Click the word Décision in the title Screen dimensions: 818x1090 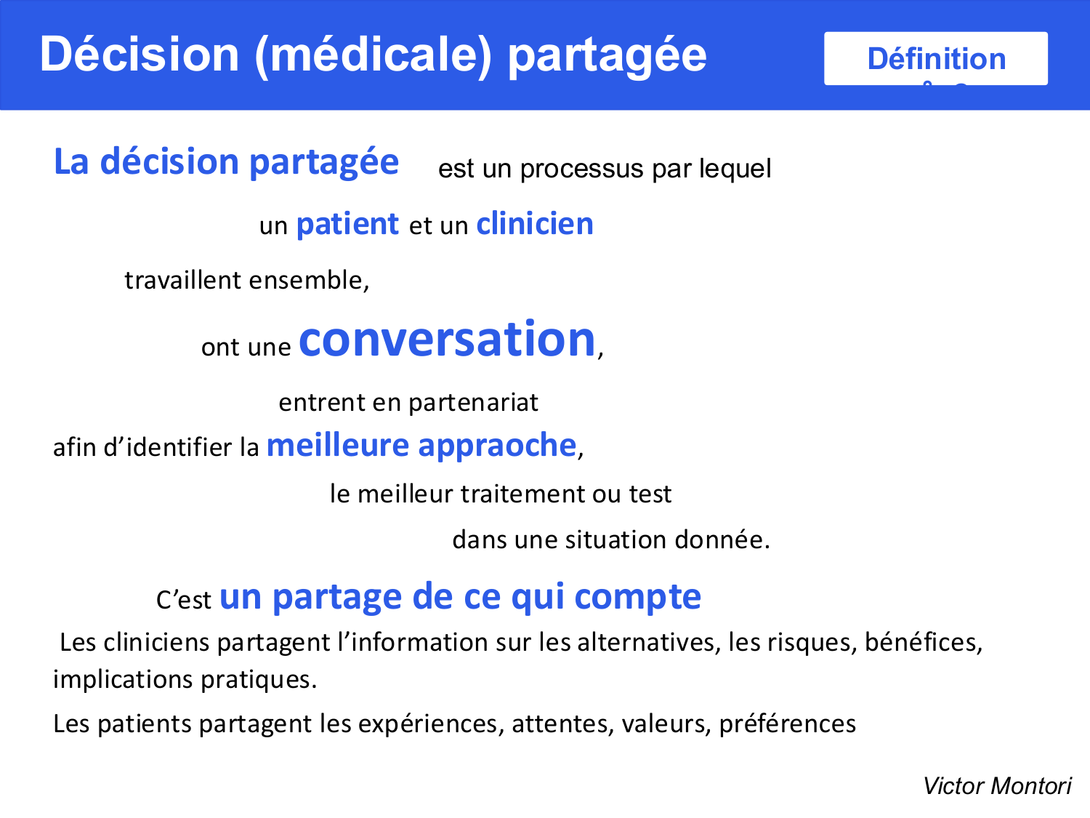tap(140, 55)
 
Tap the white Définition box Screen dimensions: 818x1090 tap(935, 58)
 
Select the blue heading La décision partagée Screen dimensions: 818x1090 tap(226, 162)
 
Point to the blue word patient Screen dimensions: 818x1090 tap(347, 225)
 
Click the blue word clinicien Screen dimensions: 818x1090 tap(535, 225)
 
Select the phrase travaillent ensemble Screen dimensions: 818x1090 tap(247, 281)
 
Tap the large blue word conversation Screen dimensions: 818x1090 tap(447, 340)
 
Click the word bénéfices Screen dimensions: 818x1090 tap(923, 643)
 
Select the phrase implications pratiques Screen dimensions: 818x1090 tap(185, 680)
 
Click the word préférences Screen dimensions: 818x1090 tap(787, 724)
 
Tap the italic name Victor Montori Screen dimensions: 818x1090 tap(996, 786)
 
